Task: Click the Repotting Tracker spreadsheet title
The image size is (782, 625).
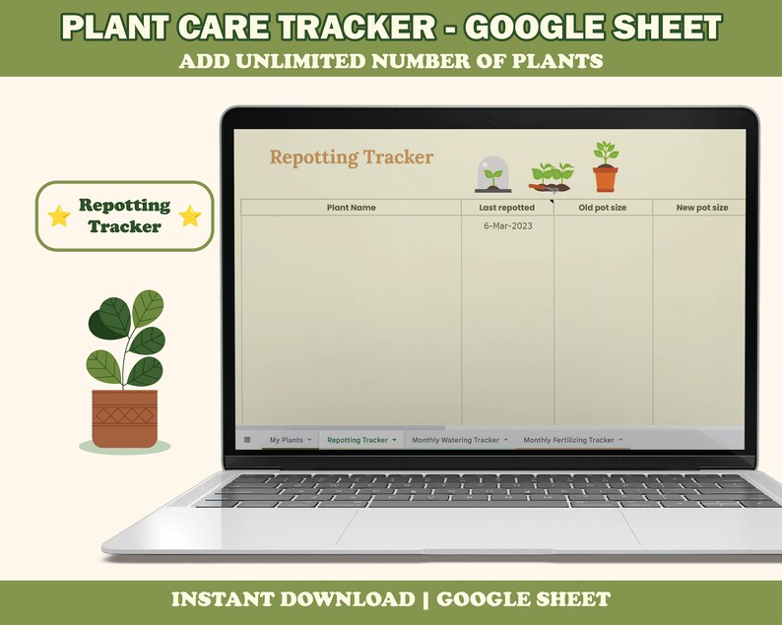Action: (x=352, y=157)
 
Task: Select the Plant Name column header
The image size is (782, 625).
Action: (x=351, y=208)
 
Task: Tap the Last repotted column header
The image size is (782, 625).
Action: (x=506, y=208)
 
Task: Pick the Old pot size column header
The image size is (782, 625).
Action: (x=602, y=208)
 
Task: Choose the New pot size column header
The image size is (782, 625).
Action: (x=701, y=208)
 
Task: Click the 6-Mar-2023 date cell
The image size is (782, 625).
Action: (x=507, y=226)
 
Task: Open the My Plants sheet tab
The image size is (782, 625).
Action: (x=287, y=440)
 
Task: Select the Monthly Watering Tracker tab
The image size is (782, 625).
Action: (x=455, y=440)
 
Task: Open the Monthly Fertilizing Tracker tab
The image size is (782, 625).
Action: (x=568, y=440)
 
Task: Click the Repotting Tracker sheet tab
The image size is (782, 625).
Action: (x=358, y=440)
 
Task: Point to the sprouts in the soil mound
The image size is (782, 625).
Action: (x=553, y=176)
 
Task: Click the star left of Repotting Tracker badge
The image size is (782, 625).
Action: (x=59, y=216)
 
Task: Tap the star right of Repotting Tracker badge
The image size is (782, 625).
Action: (x=190, y=216)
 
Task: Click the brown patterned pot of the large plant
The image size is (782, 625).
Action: (x=124, y=418)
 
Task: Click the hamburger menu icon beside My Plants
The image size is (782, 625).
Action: (x=247, y=440)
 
